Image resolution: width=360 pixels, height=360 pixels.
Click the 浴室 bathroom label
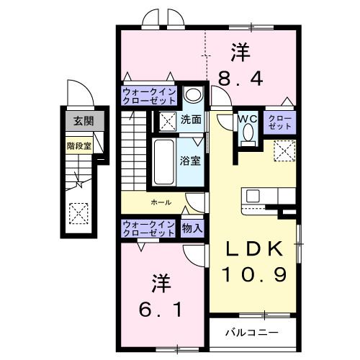[x=191, y=160]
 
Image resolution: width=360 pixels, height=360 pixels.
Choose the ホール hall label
[x=161, y=203]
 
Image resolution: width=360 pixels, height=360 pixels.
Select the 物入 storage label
[x=192, y=229]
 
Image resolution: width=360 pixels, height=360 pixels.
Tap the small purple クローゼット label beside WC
[x=279, y=122]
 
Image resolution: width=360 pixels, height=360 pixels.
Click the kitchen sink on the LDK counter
[x=253, y=196]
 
